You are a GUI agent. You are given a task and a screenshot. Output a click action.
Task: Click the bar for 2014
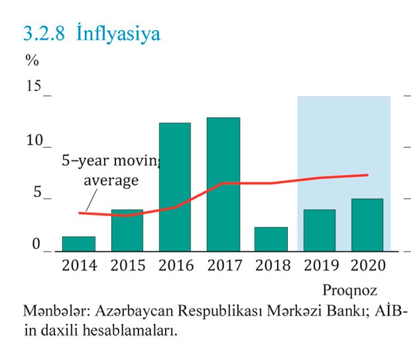79,244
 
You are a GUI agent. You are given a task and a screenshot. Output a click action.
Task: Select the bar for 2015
127,231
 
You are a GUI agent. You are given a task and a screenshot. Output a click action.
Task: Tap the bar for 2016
175,187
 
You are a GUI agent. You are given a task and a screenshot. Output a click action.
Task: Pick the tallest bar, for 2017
223,184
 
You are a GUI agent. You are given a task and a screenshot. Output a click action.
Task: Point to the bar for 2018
271,239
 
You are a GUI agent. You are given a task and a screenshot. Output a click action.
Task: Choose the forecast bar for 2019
319,231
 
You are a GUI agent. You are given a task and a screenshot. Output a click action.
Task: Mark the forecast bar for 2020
367,225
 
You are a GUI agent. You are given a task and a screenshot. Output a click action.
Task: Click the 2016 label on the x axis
176,266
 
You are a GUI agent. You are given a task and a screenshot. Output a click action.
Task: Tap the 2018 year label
272,266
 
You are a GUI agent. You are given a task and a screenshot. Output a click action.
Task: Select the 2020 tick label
368,266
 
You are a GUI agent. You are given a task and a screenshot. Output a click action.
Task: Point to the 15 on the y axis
34,87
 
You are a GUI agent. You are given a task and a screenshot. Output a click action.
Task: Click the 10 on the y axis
34,141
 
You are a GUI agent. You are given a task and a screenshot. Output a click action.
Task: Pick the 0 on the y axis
37,245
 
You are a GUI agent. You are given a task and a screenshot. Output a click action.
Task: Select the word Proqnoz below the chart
349,290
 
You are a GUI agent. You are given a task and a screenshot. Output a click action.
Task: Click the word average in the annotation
111,180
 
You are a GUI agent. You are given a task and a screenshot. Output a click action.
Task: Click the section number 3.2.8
44,33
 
